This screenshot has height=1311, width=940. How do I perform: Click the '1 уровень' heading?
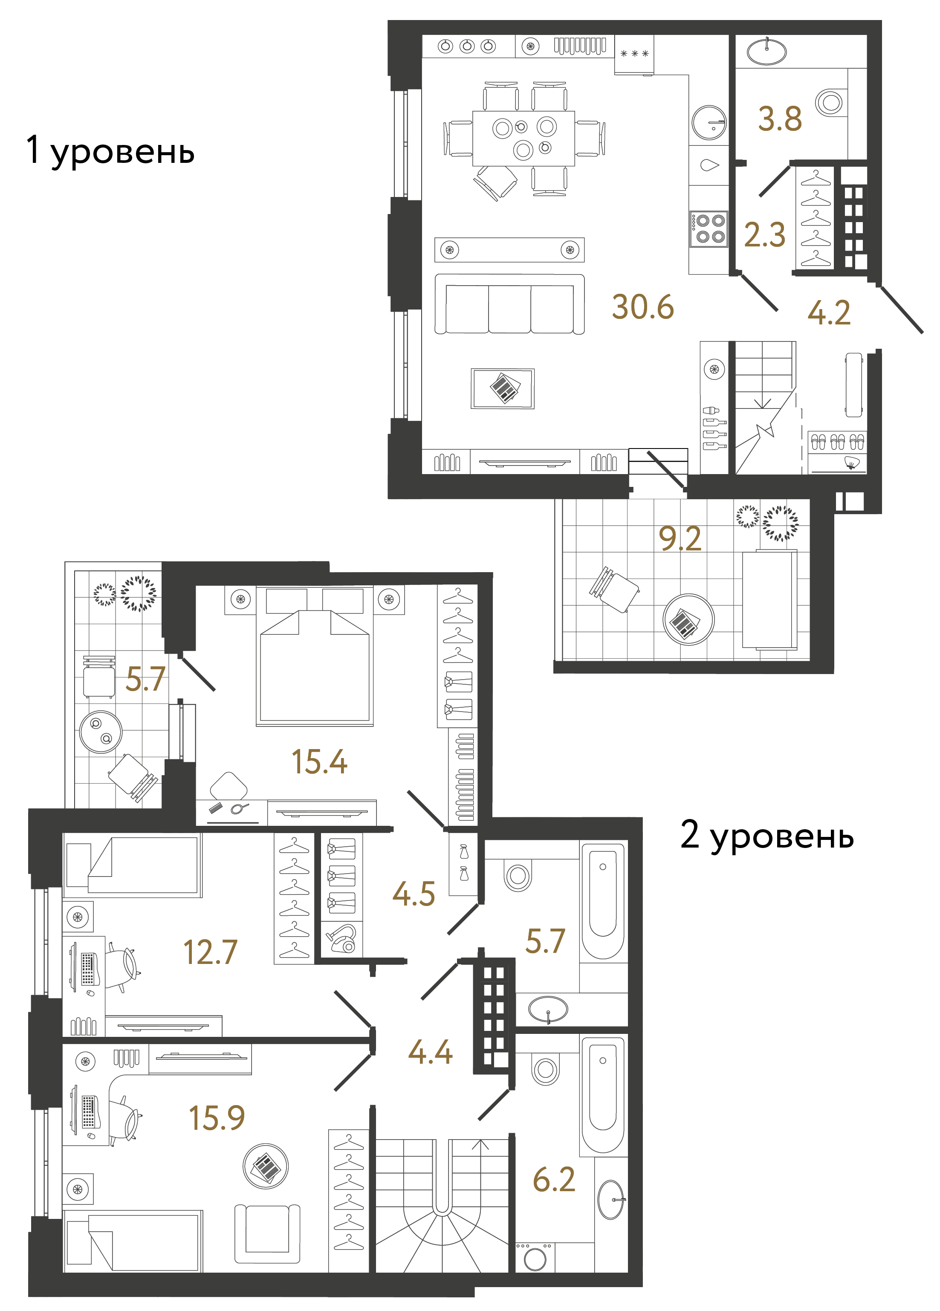tap(110, 151)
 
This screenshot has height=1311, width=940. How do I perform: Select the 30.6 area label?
tap(642, 307)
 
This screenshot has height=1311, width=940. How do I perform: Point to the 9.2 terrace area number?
tap(680, 539)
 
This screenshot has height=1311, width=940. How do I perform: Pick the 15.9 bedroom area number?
tap(217, 1117)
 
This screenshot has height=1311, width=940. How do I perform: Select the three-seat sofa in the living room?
tap(509, 305)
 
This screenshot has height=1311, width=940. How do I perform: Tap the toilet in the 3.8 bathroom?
tap(831, 103)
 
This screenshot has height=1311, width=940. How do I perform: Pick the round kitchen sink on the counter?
tap(709, 122)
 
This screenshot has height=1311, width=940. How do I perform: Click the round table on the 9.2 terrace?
tap(688, 619)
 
